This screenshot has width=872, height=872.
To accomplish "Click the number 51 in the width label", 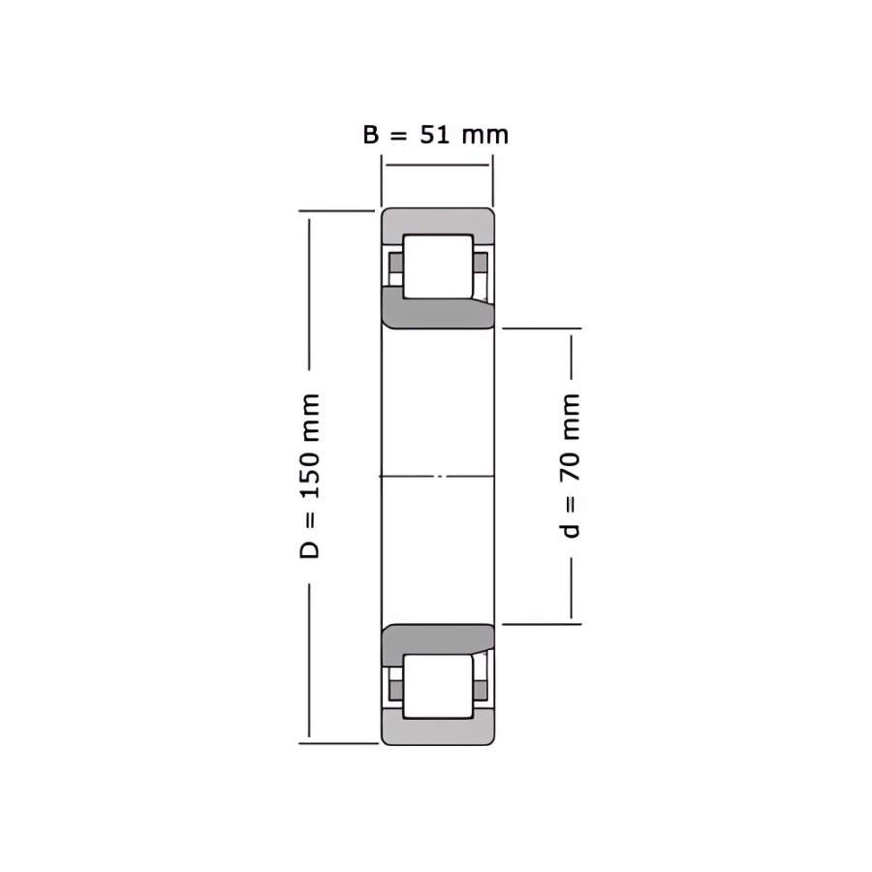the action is (434, 135).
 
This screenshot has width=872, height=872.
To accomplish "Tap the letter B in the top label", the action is (371, 135).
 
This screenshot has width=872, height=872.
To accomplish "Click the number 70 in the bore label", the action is (570, 467).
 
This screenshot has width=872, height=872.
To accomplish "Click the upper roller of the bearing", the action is (438, 266).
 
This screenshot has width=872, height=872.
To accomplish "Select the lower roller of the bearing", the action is (438, 686).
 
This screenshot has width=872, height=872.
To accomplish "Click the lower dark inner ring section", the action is (438, 640).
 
